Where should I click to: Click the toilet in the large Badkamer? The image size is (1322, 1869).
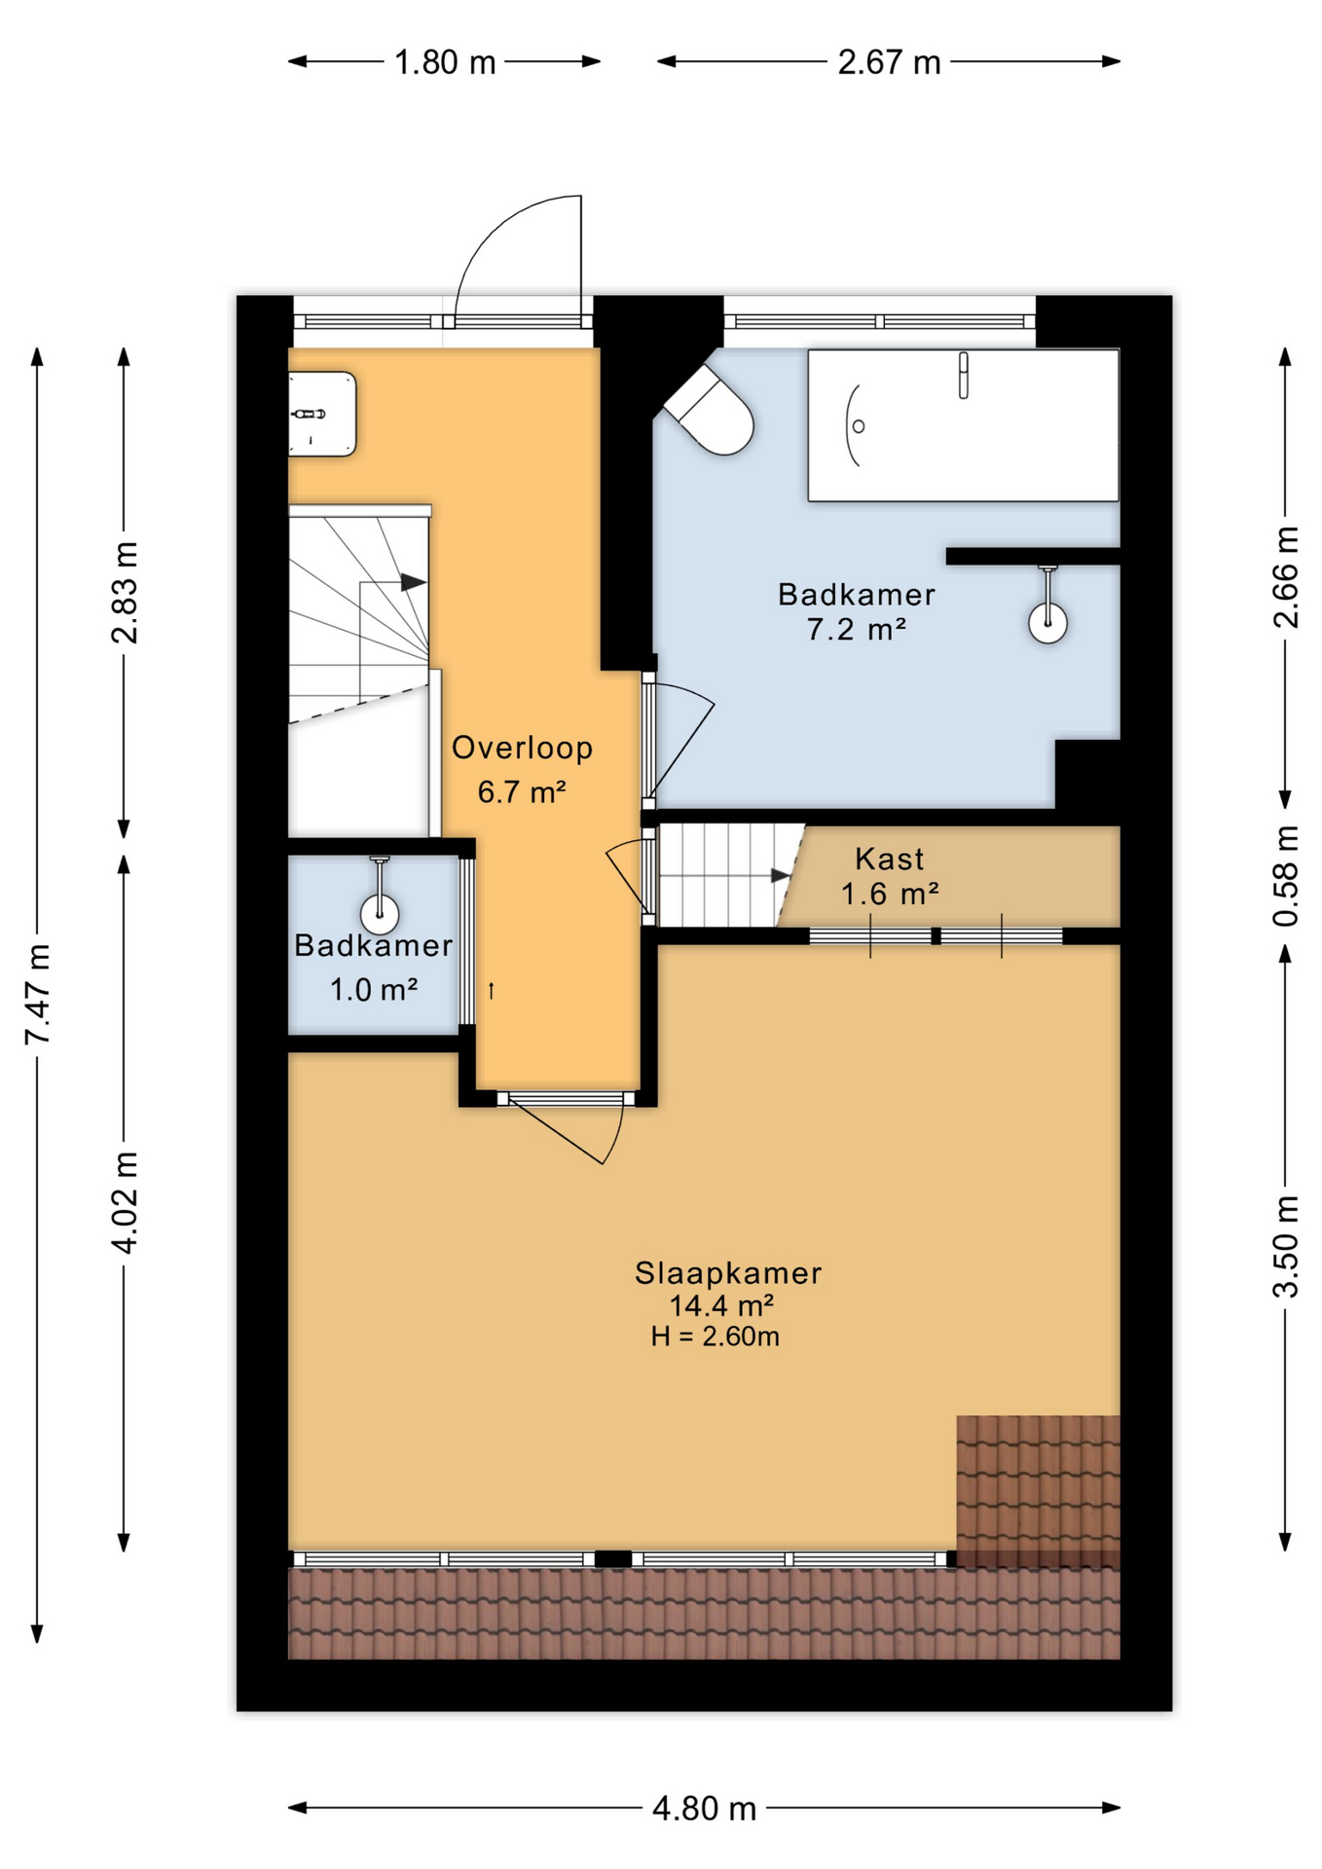tap(715, 413)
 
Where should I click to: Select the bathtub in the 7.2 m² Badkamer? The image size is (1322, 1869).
tap(962, 425)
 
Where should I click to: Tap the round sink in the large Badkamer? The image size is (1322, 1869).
tap(1047, 622)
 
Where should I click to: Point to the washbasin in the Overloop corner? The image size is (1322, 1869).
tap(322, 414)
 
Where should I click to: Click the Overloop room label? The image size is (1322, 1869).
tap(522, 748)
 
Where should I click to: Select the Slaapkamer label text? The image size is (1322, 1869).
tap(727, 1272)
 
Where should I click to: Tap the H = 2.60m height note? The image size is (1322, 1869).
tap(715, 1337)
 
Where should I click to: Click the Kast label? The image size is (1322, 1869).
tap(889, 859)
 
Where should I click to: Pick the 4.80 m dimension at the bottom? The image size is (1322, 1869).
tap(704, 1809)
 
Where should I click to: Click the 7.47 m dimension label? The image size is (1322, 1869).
tap(37, 993)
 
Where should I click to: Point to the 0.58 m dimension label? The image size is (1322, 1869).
tap(1285, 875)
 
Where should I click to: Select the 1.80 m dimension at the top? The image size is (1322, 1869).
tap(445, 62)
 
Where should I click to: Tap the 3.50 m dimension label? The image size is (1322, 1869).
tap(1285, 1246)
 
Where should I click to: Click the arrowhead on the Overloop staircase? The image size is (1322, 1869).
tap(414, 582)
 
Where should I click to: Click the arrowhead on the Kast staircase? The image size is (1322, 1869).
tap(781, 875)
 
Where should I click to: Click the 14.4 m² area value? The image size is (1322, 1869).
tap(721, 1305)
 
